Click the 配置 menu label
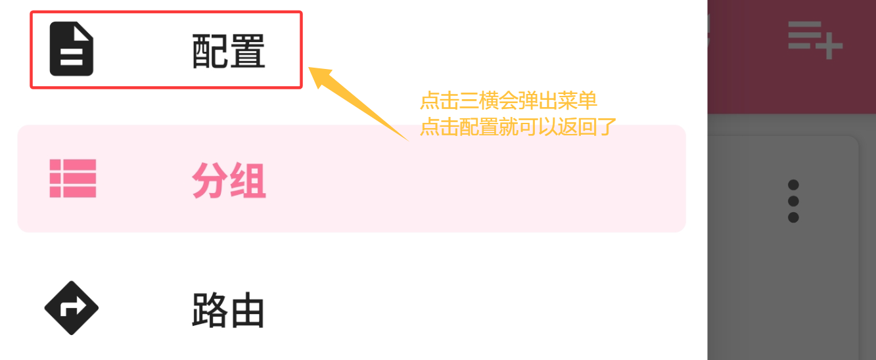(228, 51)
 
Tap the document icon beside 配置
(72, 49)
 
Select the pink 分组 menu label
(229, 181)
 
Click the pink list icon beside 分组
(73, 179)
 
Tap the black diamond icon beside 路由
(72, 307)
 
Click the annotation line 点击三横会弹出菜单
(508, 102)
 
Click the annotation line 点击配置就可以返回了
(517, 127)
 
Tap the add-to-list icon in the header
(815, 39)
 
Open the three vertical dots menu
(793, 200)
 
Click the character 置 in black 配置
(247, 51)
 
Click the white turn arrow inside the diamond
(72, 307)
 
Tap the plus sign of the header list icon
(830, 47)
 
